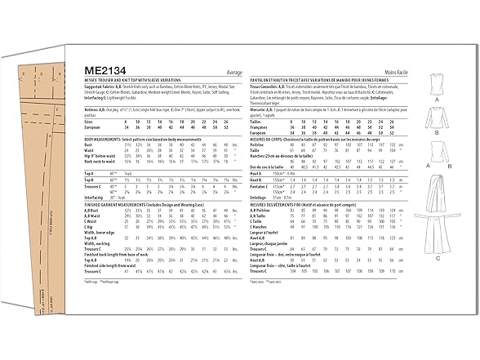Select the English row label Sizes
89,121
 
